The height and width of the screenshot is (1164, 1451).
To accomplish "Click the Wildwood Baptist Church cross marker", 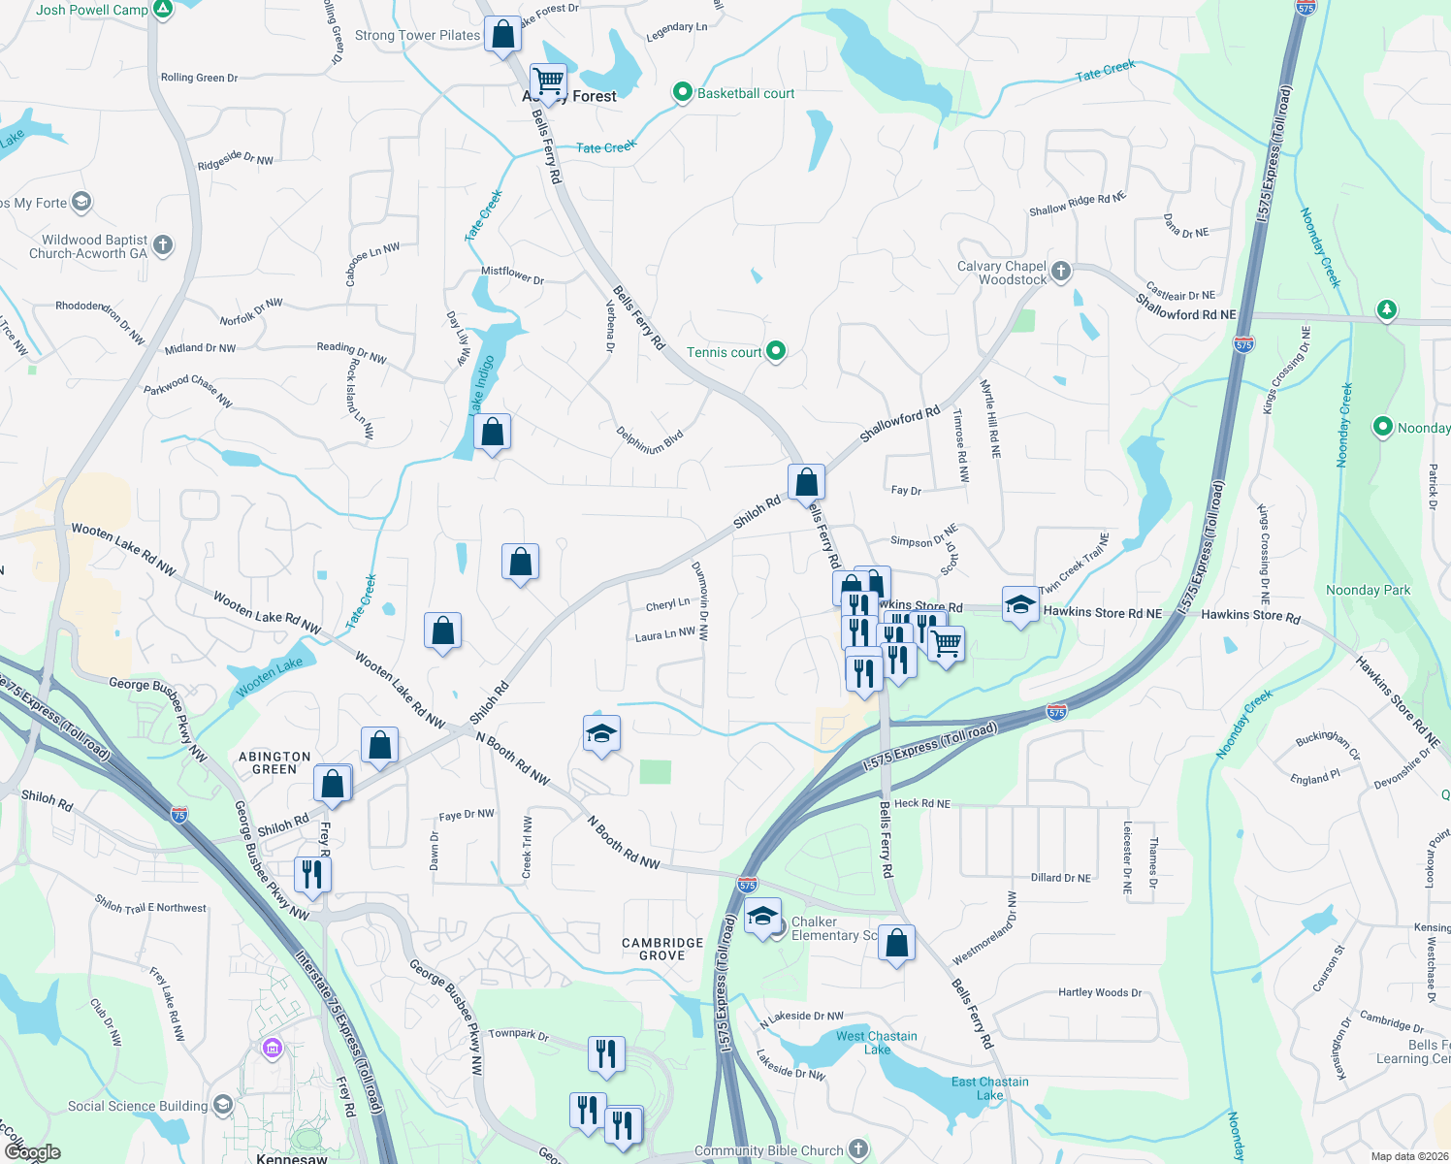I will (x=163, y=245).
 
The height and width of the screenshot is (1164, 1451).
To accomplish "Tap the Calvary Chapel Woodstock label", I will (x=1002, y=273).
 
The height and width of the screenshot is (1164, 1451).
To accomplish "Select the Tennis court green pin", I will (x=776, y=351).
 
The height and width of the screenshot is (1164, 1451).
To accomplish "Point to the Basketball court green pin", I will (x=683, y=93).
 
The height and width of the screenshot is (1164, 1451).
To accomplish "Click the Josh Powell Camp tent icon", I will (x=164, y=11).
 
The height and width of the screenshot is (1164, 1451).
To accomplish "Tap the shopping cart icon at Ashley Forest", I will (x=548, y=81).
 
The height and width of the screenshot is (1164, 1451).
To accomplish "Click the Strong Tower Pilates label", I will (x=417, y=35).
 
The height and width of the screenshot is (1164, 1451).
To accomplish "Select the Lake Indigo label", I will (x=482, y=384).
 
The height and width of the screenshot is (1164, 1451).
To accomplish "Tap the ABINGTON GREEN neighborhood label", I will (x=274, y=762).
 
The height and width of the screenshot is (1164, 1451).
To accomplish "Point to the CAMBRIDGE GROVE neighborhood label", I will (x=662, y=949).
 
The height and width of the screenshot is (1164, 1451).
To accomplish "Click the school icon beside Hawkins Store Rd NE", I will (x=1019, y=605).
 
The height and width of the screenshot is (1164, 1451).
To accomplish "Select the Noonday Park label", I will (x=1368, y=590).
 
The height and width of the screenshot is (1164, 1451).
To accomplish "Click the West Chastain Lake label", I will (x=877, y=1042).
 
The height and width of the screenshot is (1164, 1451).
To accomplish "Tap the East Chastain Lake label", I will (x=989, y=1087).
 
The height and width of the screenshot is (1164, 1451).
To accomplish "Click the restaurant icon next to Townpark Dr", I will (x=606, y=1052).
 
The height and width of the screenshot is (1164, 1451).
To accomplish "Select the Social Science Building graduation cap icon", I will (x=223, y=1105).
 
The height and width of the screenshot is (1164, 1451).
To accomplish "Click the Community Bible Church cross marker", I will (x=858, y=1150).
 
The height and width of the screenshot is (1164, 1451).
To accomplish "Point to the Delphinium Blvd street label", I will (x=650, y=440).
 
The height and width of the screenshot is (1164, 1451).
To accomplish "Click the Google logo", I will (x=32, y=1152).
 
